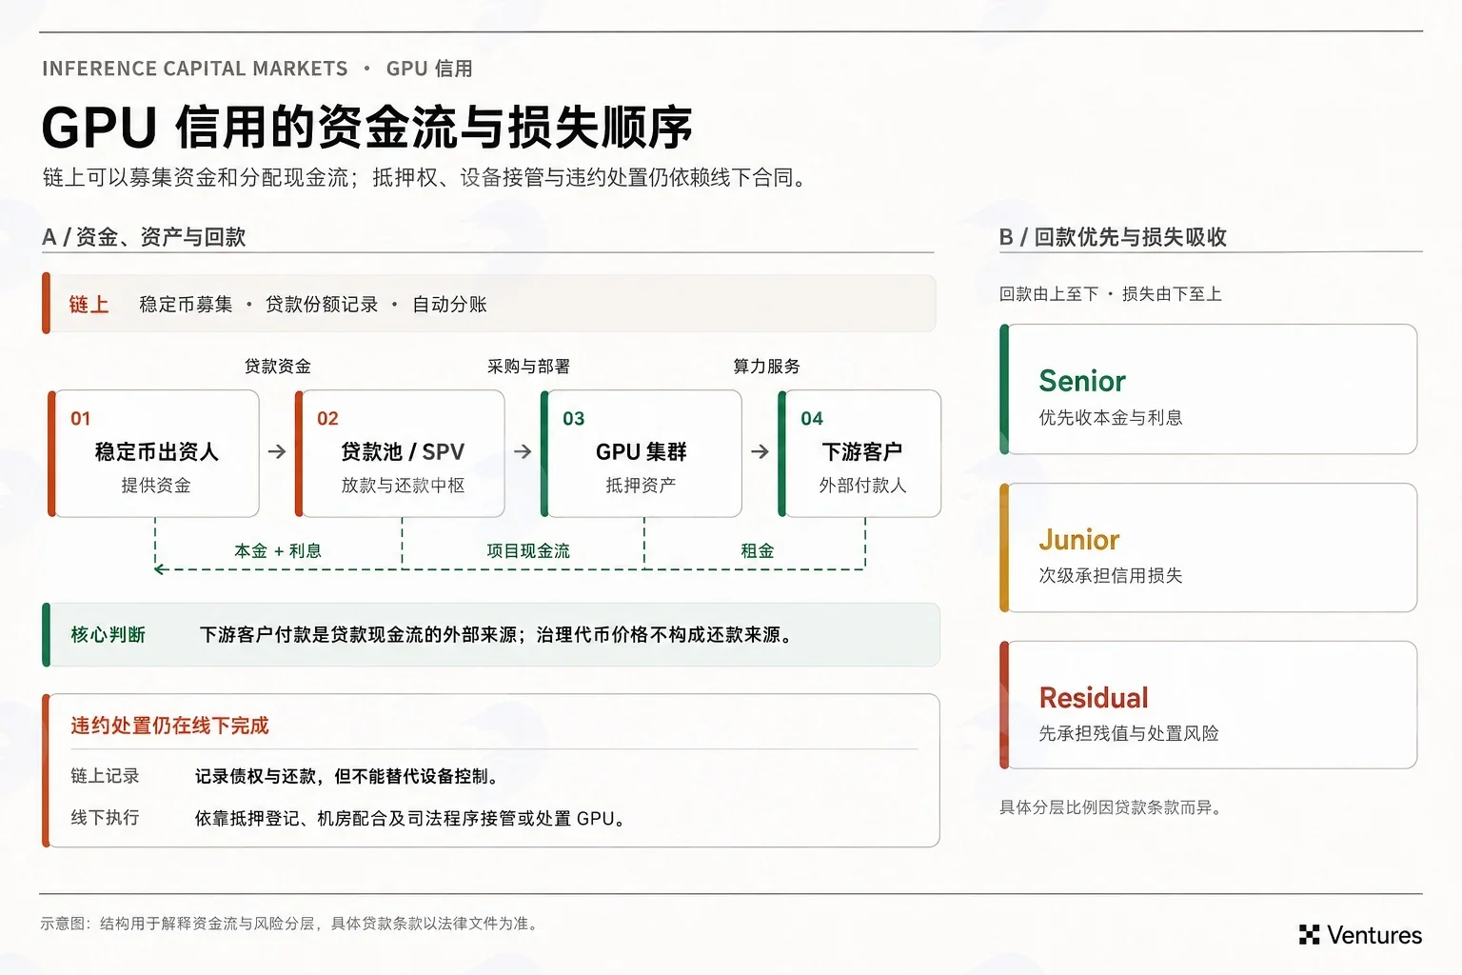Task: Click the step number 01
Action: [80, 418]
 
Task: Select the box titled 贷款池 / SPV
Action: [400, 453]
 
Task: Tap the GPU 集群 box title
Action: [641, 451]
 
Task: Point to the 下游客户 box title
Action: [861, 451]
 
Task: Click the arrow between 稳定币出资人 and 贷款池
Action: [277, 451]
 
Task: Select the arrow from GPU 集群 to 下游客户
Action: [760, 451]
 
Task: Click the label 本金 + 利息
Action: [278, 550]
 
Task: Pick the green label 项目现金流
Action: [528, 550]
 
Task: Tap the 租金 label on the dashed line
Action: [757, 550]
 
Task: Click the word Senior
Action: [1082, 381]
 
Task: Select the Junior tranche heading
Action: [1078, 540]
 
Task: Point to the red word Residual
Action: [1094, 698]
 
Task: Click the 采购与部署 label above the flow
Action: [528, 366]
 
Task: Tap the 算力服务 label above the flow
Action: [766, 366]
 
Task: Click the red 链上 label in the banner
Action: [89, 305]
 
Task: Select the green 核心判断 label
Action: [108, 634]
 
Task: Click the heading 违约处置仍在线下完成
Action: [169, 726]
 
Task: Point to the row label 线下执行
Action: [105, 817]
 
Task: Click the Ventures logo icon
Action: [1309, 934]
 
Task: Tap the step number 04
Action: [812, 418]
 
